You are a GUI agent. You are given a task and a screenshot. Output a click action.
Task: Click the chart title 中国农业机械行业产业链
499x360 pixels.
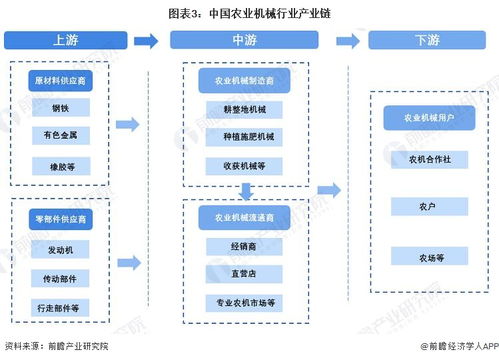click(x=270, y=12)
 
